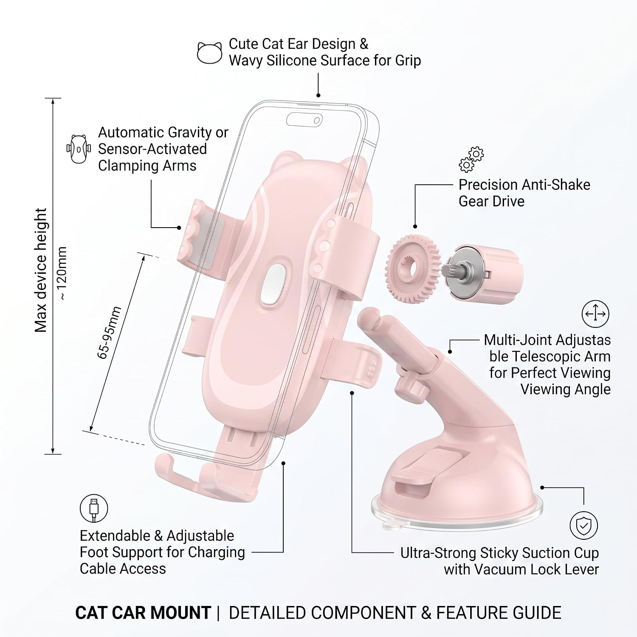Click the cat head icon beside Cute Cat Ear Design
[x=209, y=53]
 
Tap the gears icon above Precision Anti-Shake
[x=471, y=159]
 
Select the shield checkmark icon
[x=584, y=525]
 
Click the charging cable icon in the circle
[x=94, y=508]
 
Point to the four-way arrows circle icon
[x=595, y=314]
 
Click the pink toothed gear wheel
[x=413, y=268]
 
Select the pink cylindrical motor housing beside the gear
[x=484, y=274]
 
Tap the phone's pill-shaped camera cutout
[x=304, y=120]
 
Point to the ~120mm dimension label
[x=62, y=273]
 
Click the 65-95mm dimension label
[x=110, y=333]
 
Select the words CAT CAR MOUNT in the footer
[x=143, y=613]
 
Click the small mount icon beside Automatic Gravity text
[x=79, y=149]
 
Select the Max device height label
[x=41, y=270]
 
